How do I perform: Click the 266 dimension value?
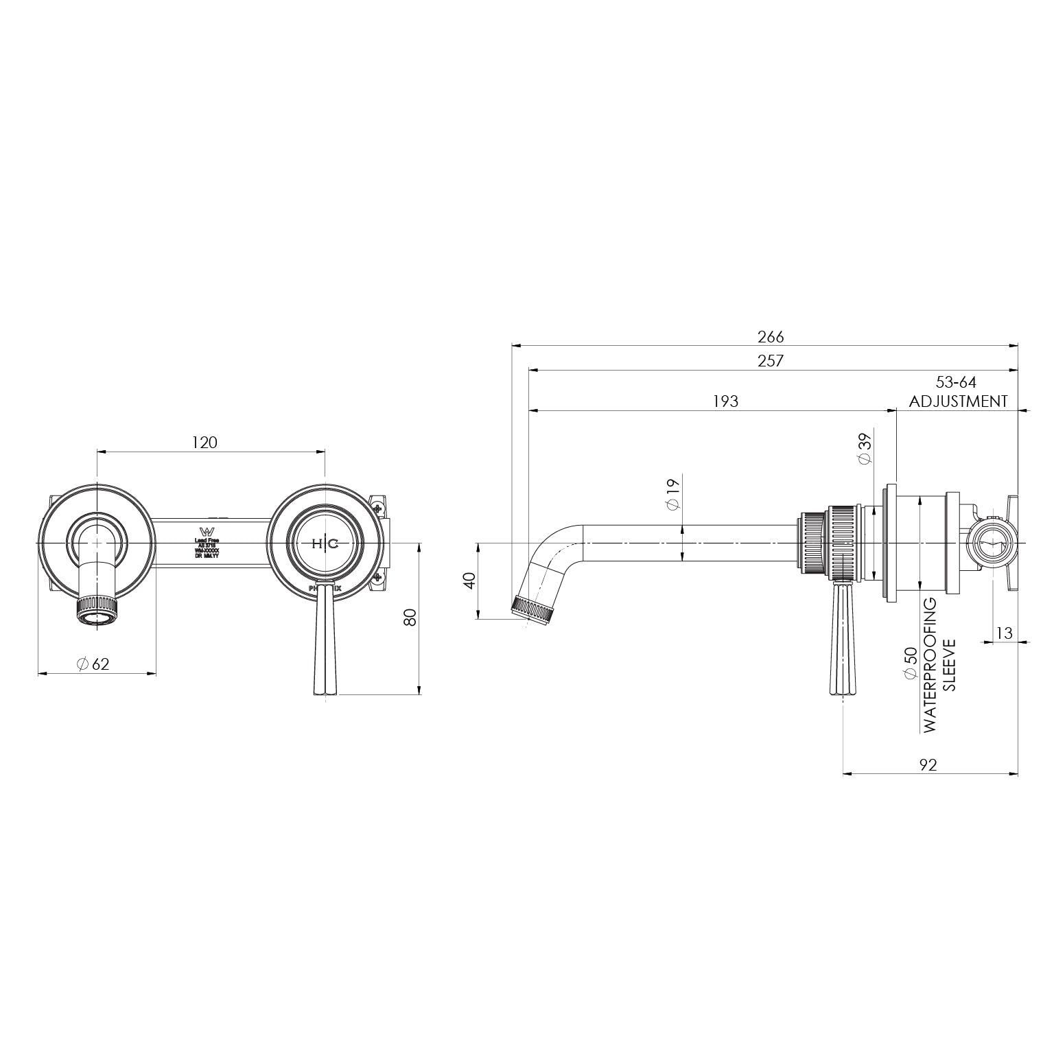(x=770, y=336)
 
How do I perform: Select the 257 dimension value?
(x=770, y=360)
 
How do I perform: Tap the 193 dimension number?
(x=725, y=401)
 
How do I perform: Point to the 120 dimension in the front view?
(x=204, y=443)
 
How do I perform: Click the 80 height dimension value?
(x=410, y=617)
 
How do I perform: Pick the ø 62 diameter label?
(x=93, y=664)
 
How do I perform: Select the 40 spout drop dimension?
(x=469, y=581)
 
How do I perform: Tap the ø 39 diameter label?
(x=865, y=449)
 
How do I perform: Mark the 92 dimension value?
(x=928, y=764)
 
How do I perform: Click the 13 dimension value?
(x=1003, y=633)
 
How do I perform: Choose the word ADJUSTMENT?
(x=958, y=401)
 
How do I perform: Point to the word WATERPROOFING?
(x=930, y=665)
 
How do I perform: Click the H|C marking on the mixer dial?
(x=325, y=544)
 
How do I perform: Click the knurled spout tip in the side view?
(x=533, y=609)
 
